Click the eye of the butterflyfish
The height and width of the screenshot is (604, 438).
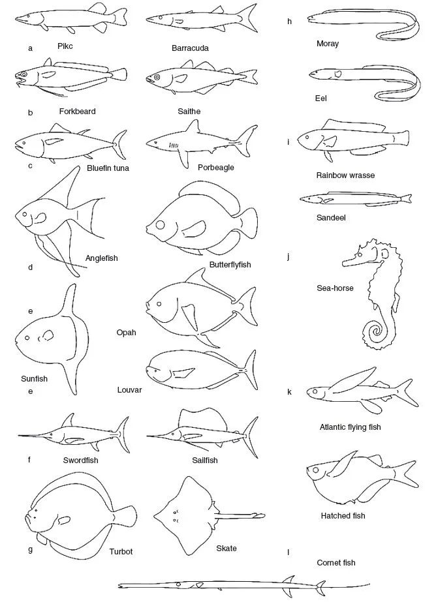160,226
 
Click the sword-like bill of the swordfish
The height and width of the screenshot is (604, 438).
39,436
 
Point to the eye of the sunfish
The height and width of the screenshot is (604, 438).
27,339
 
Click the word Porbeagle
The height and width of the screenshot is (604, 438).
216,168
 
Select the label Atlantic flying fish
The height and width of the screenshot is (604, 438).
350,427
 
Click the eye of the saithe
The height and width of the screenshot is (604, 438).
157,79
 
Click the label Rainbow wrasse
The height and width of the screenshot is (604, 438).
345,175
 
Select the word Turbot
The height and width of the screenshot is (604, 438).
121,552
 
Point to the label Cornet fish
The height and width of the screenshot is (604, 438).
336,562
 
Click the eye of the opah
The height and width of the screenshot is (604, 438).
157,303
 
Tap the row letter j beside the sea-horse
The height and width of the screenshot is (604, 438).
288,256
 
